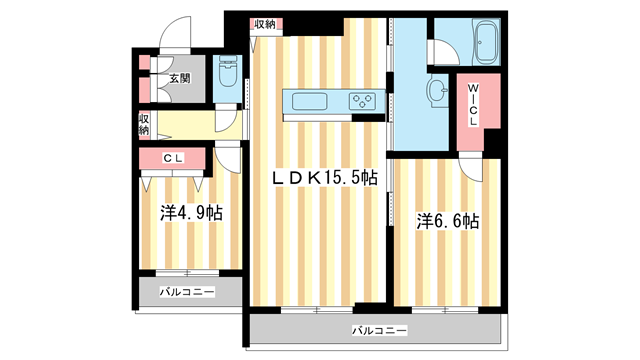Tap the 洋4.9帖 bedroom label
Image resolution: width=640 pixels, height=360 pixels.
(190, 213)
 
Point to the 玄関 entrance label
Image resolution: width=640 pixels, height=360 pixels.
(179, 78)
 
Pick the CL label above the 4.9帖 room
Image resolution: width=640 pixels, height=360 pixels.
(172, 157)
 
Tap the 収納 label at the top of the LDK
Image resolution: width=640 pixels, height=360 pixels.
(265, 24)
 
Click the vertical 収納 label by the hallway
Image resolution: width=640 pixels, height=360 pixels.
(143, 125)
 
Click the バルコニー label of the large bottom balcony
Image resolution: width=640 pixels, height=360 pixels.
(378, 330)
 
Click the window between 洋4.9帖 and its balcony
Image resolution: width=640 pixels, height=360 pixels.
(187, 272)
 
